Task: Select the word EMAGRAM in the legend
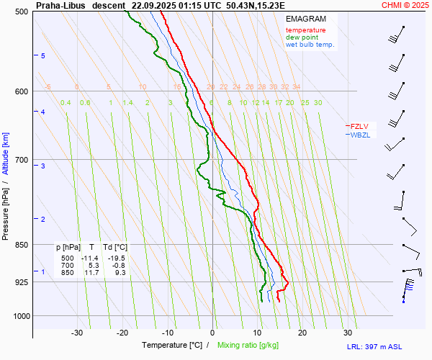tap(305, 19)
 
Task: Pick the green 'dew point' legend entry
tap(302, 37)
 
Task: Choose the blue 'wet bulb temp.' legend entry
tap(310, 45)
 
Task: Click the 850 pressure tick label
tap(21, 245)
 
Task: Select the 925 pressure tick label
tap(21, 282)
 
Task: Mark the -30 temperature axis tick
tap(77, 333)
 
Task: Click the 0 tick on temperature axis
tap(212, 333)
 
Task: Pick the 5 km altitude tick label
tap(43, 55)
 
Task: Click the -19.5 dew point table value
tap(115, 258)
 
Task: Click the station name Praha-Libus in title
tap(59, 4)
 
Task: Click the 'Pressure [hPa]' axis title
tap(6, 210)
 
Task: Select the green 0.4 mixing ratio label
tap(66, 103)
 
